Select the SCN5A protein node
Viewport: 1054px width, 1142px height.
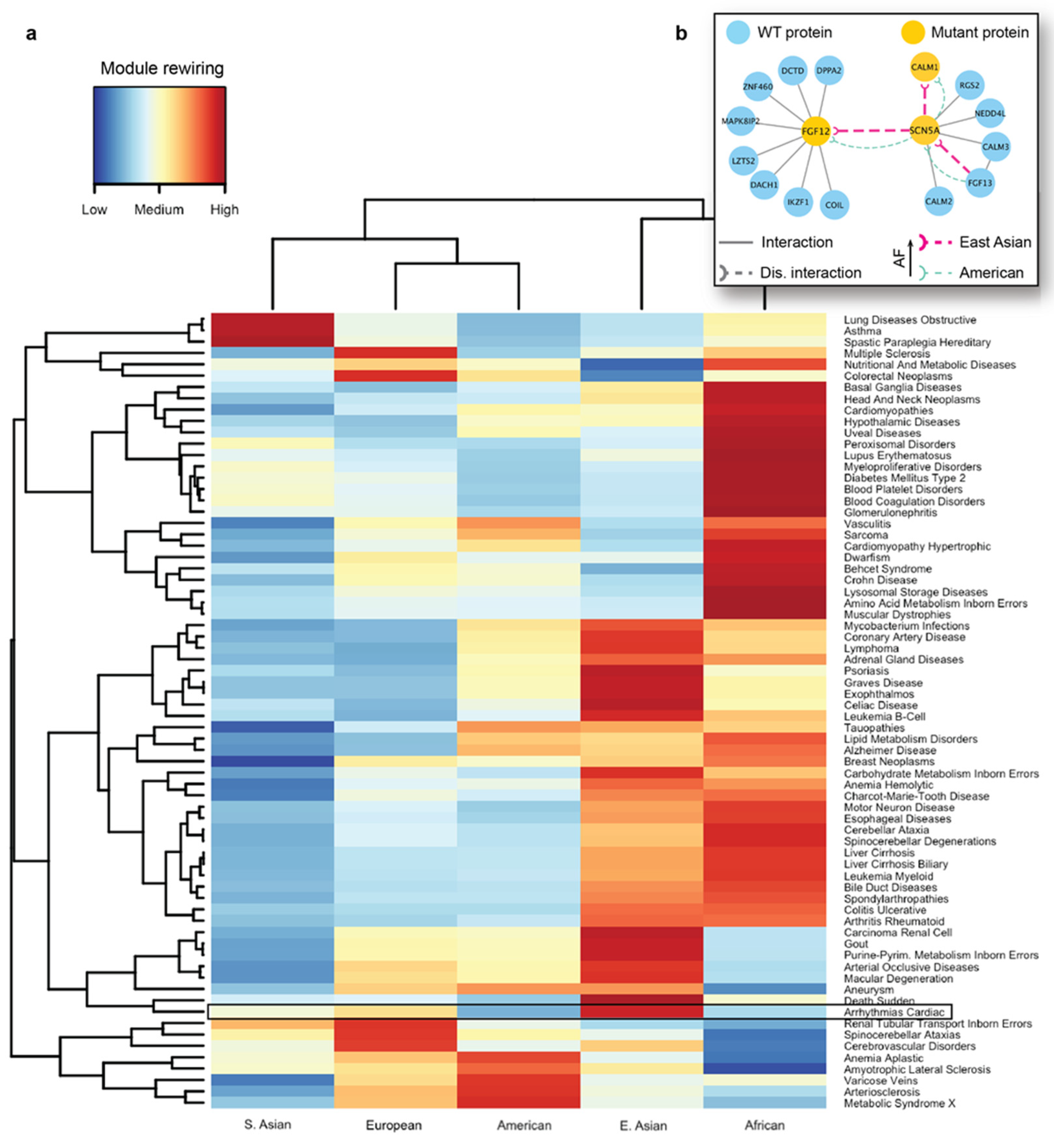[924, 131]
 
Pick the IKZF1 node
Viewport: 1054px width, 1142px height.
[798, 202]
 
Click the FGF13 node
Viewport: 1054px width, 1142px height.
[979, 183]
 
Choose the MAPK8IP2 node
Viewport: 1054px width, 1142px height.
[740, 121]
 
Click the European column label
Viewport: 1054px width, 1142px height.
[394, 1125]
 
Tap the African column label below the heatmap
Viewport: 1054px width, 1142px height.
[764, 1125]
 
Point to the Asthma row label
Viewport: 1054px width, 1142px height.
[862, 331]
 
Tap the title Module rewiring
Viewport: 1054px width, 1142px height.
[162, 69]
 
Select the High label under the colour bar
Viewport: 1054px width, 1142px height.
[224, 209]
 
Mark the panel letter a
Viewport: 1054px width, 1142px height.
[31, 34]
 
